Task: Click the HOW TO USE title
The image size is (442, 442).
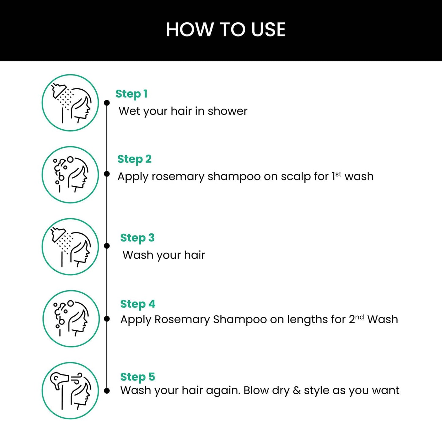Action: coord(225,30)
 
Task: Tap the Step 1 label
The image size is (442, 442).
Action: coord(132,94)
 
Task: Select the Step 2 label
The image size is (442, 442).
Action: coord(134,159)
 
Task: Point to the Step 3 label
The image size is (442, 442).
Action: coord(137,238)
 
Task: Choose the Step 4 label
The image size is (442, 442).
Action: coord(138,304)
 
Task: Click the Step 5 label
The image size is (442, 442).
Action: coord(138,377)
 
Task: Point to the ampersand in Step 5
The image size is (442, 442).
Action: coord(297,391)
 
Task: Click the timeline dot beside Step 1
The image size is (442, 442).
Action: coord(107,103)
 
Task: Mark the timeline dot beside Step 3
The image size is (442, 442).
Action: coord(107,246)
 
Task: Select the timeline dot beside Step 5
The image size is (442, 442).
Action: coord(107,391)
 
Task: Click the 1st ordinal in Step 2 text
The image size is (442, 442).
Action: coord(336,176)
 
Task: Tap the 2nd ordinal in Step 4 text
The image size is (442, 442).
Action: coord(356,319)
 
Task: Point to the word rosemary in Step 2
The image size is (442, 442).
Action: coord(178,177)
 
